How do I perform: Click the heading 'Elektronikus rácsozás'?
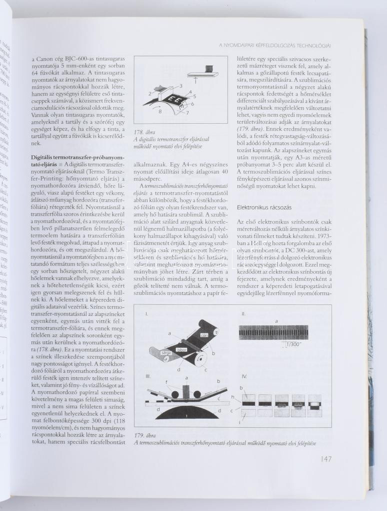[264, 207]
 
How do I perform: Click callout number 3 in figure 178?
[180, 86]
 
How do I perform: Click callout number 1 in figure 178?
[196, 81]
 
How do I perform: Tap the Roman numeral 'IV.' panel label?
[244, 375]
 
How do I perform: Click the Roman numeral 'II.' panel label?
[243, 314]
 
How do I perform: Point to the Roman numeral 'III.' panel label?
[148, 375]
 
